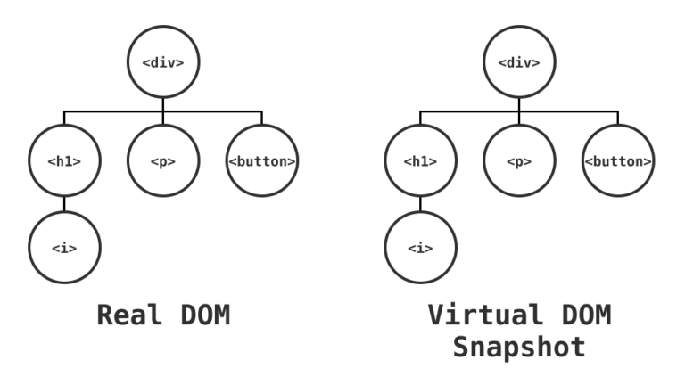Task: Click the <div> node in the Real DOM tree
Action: point(163,62)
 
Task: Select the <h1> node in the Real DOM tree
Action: point(64,161)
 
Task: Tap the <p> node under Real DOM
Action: point(163,161)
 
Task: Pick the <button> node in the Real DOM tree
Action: point(262,161)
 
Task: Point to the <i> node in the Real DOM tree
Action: point(64,248)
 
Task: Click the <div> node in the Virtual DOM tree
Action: point(519,62)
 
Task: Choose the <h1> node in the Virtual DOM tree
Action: point(420,161)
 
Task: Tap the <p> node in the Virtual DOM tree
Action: point(519,161)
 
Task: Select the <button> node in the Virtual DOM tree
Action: point(618,161)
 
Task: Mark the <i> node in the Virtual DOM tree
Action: point(420,248)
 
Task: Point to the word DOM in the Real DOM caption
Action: point(202,315)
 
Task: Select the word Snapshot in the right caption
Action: point(519,347)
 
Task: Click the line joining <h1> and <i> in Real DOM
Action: point(64,205)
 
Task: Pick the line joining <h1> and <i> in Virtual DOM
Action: point(420,205)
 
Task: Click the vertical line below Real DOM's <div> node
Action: point(163,104)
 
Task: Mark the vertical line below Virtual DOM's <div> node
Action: point(519,104)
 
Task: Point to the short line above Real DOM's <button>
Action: point(262,119)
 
